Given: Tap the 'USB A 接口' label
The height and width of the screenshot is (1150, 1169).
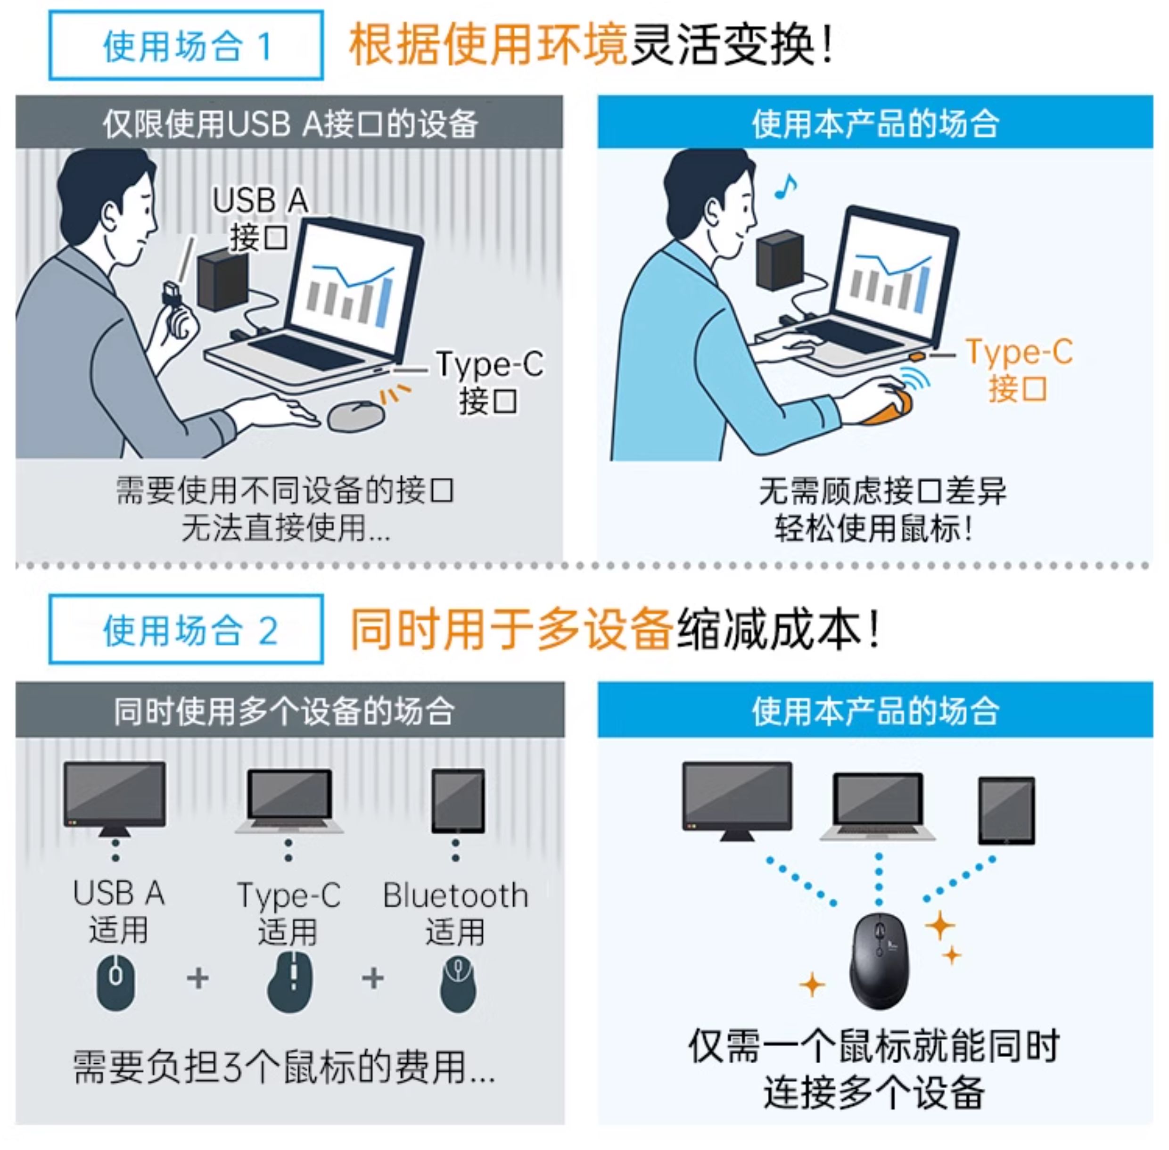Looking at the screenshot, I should tap(260, 219).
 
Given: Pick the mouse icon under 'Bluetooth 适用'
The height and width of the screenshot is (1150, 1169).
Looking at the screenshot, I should tap(457, 982).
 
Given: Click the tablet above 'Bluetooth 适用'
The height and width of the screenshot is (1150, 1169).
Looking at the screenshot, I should tap(458, 800).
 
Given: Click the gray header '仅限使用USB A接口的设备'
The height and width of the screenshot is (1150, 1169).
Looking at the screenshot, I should tap(289, 123).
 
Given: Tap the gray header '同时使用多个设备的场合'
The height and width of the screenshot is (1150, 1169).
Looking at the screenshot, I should tap(289, 710).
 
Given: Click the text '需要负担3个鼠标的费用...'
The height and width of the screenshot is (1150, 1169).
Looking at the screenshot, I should tap(284, 1067).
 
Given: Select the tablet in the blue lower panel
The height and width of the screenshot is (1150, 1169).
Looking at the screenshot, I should tap(1006, 811).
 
